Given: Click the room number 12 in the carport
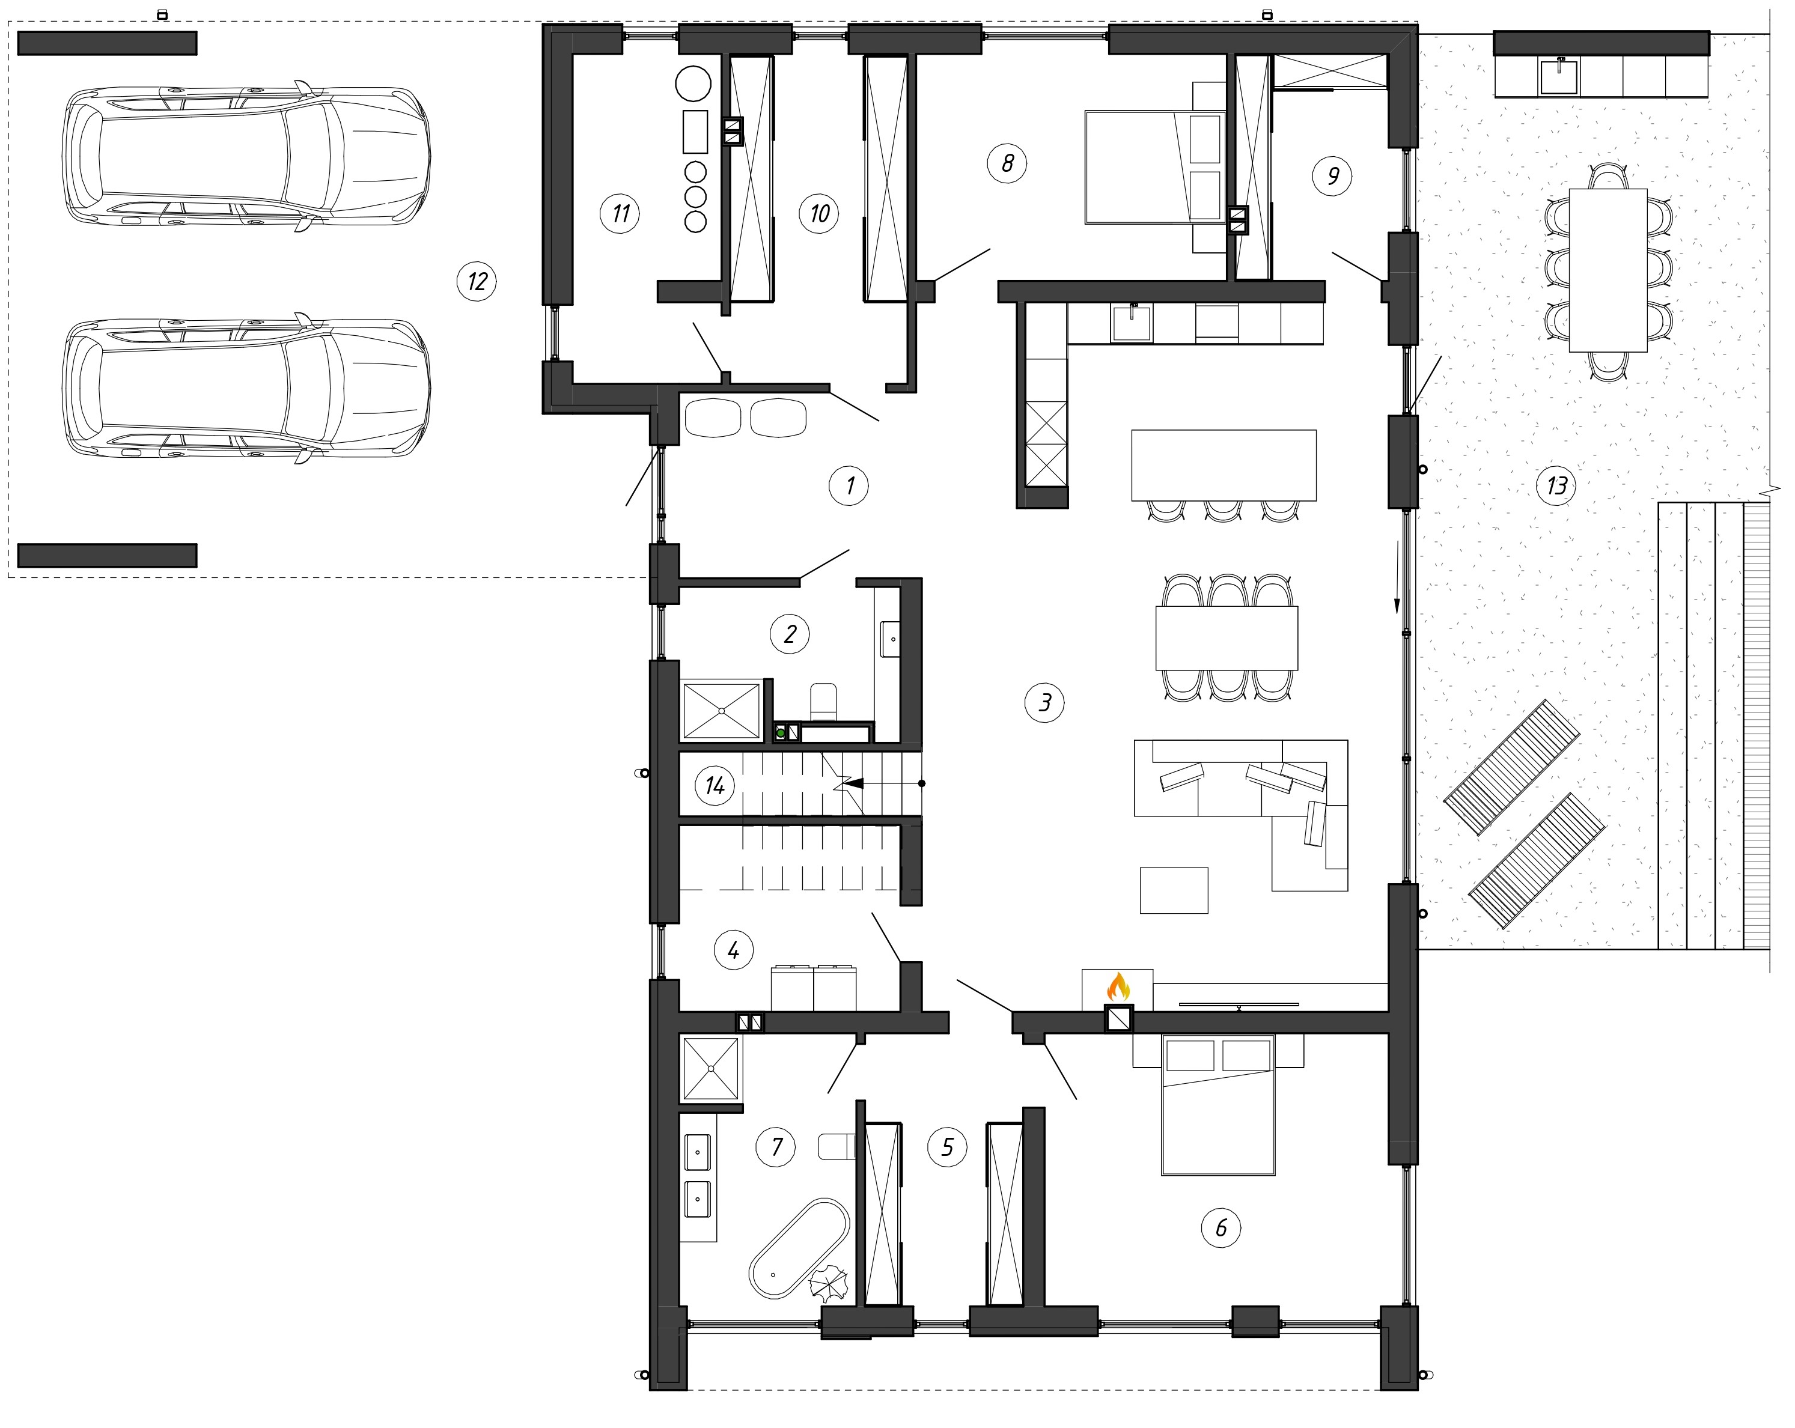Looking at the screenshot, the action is (477, 281).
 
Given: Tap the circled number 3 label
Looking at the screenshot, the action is (1044, 703).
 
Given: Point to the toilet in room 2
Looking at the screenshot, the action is (823, 702).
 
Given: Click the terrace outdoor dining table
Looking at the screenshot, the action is (1608, 270).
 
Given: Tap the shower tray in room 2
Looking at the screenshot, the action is (721, 711).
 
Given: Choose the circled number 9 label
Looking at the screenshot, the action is (1332, 175).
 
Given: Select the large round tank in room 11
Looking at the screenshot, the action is (693, 84).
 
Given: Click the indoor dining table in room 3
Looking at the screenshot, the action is (1227, 637).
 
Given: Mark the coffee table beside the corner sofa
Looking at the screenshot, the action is (1173, 890).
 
